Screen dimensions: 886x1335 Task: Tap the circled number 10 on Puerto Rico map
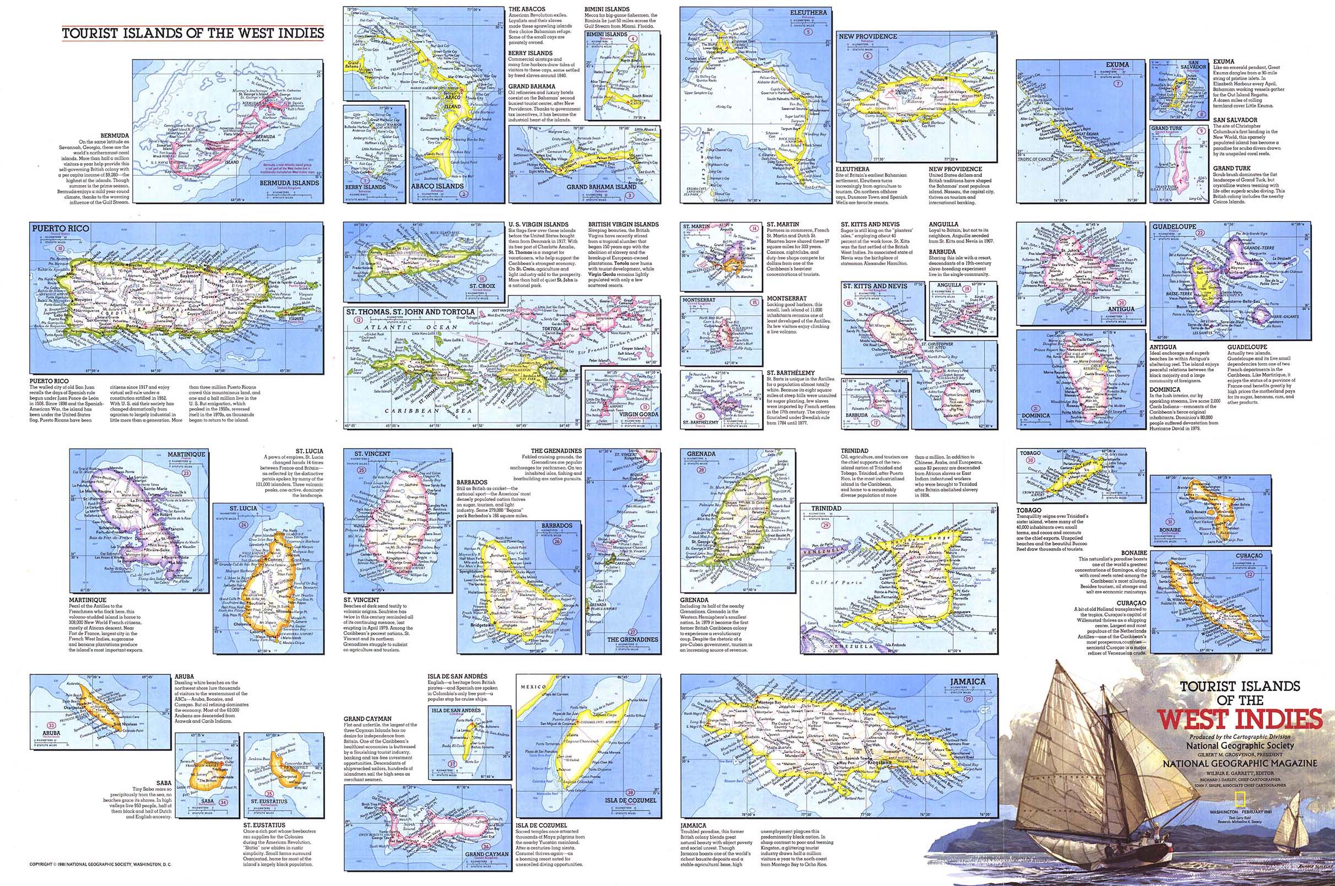[58, 247]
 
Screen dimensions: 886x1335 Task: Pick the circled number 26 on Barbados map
[558, 541]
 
